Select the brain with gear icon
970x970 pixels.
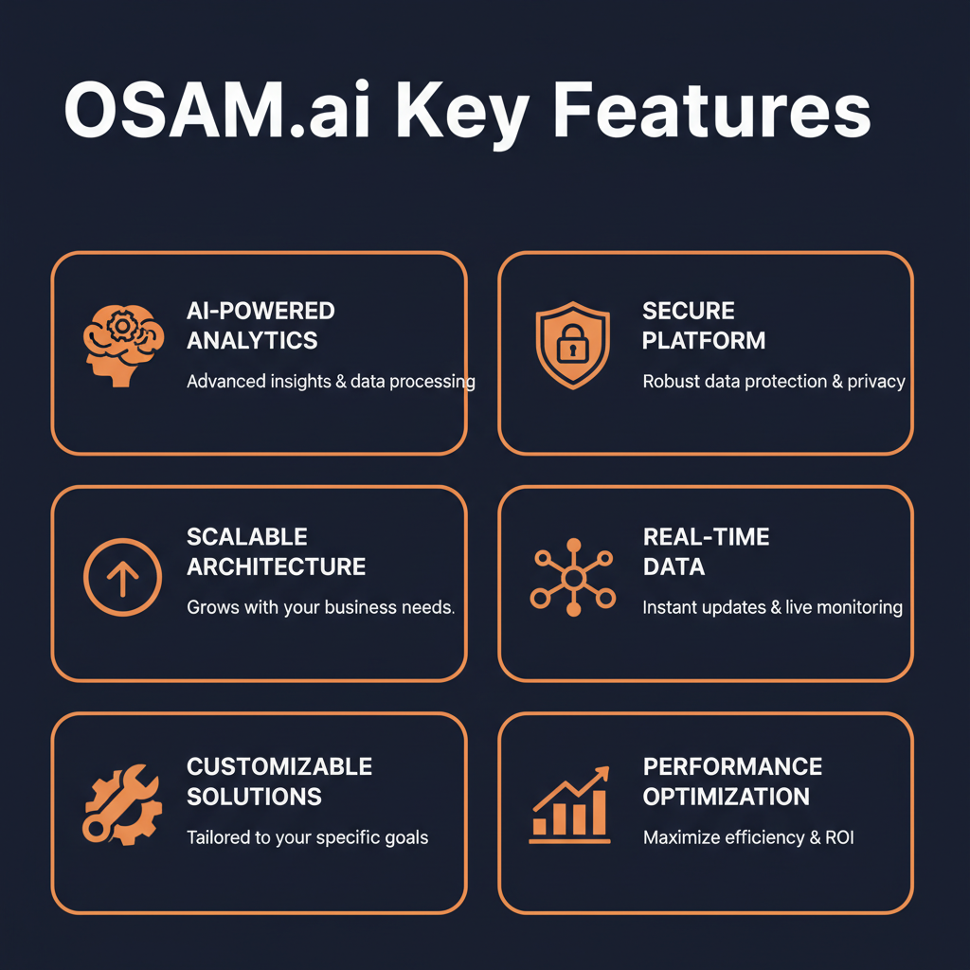[122, 342]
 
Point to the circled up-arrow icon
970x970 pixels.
[122, 578]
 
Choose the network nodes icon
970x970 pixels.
[572, 577]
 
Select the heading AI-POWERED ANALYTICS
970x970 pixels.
[260, 325]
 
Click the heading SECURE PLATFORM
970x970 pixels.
[704, 325]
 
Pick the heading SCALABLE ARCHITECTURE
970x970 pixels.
[276, 551]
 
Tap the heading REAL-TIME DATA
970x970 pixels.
[706, 551]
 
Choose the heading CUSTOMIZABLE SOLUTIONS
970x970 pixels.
[279, 781]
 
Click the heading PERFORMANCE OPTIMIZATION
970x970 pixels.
[732, 781]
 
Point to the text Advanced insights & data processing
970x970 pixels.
[331, 382]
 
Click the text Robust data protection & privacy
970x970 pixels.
[774, 382]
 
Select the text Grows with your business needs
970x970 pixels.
[320, 607]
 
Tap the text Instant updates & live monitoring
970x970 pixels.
[772, 607]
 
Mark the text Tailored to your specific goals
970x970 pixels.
[307, 837]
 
